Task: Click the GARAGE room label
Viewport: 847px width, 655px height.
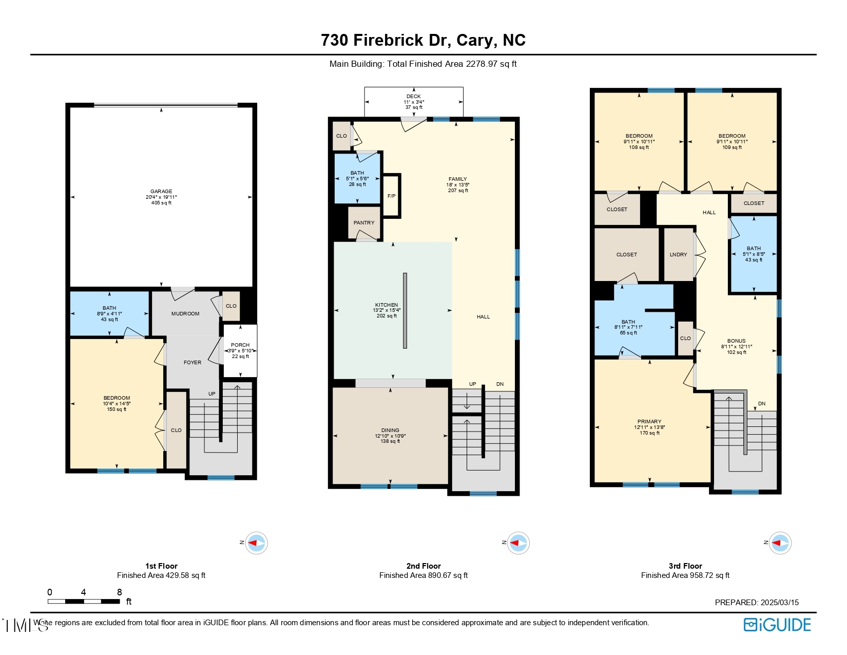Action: coord(161,192)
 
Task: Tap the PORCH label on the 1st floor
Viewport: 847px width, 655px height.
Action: coord(240,345)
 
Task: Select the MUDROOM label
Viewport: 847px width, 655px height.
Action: coord(185,314)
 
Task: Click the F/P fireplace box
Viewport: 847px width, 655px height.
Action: coord(391,196)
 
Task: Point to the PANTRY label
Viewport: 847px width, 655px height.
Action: coord(364,223)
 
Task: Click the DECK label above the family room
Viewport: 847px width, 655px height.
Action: coord(413,97)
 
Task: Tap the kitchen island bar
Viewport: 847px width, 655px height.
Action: coord(405,311)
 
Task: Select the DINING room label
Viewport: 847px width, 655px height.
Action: coord(390,431)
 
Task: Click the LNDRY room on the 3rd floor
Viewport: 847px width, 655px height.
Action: coord(678,255)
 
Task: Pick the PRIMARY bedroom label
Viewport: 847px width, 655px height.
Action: coord(649,422)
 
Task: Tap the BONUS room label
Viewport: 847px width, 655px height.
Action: coord(736,341)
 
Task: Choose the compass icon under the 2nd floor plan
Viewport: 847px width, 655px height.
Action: coord(518,543)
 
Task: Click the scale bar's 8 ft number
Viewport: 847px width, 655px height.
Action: coord(120,592)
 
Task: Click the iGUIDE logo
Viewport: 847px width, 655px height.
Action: coord(777,625)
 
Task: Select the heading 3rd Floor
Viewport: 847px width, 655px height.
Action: coord(685,566)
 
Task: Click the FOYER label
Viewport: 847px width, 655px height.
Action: coord(192,363)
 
